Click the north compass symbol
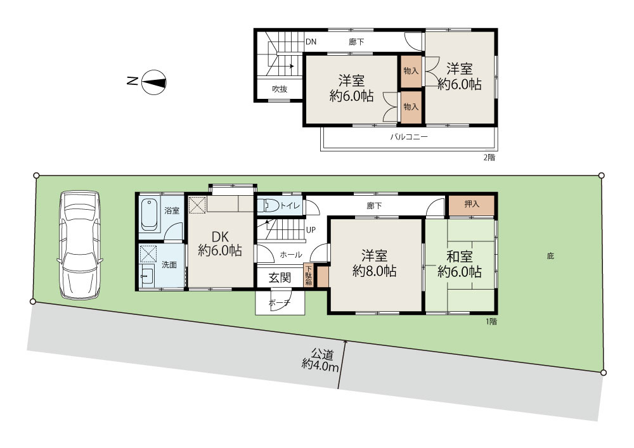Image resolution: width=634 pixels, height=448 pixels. (153, 82)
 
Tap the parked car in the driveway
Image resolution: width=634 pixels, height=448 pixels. (80, 245)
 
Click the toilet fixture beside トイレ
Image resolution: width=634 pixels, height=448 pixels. (268, 205)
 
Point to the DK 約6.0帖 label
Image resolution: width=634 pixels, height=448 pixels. (220, 243)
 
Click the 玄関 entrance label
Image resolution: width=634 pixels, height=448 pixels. (280, 278)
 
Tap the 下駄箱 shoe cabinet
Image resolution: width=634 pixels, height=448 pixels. (309, 276)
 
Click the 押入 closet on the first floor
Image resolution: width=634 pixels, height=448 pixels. (472, 205)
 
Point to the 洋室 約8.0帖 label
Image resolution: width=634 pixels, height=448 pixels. (375, 263)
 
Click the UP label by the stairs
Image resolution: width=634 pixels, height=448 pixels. (311, 230)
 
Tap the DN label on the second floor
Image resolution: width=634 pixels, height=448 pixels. (311, 42)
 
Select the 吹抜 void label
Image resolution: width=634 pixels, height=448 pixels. (280, 89)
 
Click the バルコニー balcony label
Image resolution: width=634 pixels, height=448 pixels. (409, 137)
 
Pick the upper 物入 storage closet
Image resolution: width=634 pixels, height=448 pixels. (411, 71)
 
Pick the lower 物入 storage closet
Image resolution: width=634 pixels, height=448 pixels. (411, 107)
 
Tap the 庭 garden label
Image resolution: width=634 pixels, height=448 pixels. (550, 256)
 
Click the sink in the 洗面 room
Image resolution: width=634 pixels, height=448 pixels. (148, 276)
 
